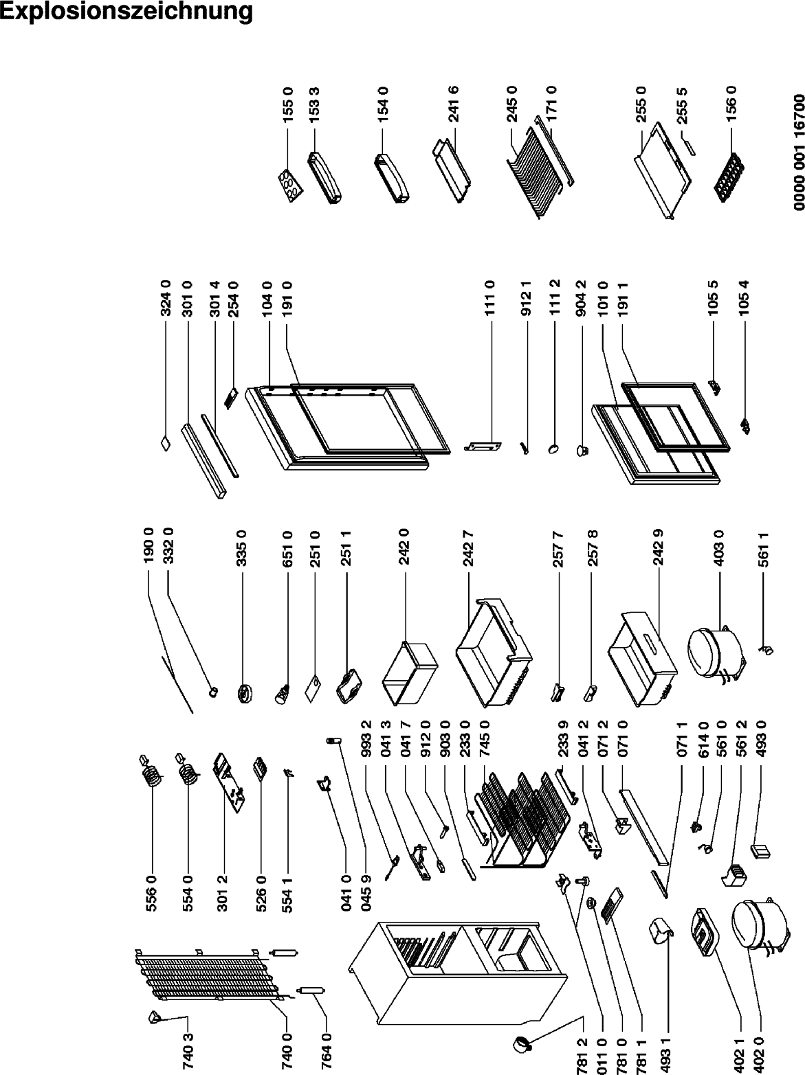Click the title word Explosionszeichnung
[126, 12]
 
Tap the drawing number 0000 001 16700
[799, 159]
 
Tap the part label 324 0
[166, 297]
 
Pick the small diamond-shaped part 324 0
[166, 444]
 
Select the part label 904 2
[582, 297]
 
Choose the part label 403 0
[719, 549]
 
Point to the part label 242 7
[468, 549]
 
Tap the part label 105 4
[745, 297]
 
